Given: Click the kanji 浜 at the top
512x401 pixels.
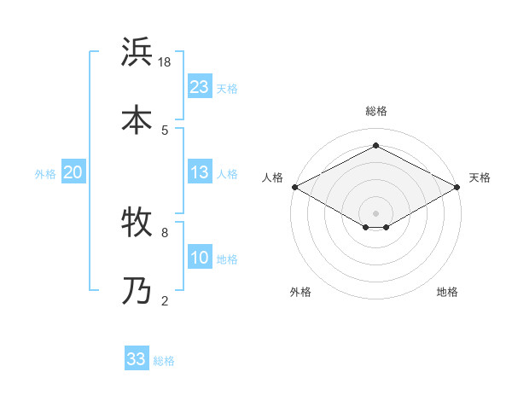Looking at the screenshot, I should (138, 53).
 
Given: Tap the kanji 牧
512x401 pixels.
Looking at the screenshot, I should (138, 224).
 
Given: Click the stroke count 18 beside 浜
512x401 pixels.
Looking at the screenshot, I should (165, 62).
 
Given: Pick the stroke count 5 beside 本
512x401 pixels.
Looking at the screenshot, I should (165, 130).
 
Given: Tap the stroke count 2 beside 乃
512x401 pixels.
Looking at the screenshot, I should (165, 300).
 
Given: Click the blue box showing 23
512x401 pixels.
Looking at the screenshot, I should (200, 86).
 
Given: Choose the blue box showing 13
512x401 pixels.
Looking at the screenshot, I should (200, 172).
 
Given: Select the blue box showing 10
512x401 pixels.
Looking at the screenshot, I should (200, 258).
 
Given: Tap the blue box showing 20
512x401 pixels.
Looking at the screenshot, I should (73, 172).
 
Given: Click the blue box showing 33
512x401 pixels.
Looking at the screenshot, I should (137, 359).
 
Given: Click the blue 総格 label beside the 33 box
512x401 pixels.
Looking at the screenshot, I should (165, 361).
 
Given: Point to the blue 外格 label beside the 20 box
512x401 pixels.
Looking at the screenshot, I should (45, 174).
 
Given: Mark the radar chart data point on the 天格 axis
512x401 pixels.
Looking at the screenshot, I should (458, 187).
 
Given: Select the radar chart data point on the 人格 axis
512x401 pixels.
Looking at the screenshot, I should (294, 187).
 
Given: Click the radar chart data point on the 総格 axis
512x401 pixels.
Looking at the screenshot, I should (375, 146).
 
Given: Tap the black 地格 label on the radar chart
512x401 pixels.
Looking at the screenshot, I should (447, 292).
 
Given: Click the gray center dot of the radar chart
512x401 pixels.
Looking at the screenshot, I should (375, 212).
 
